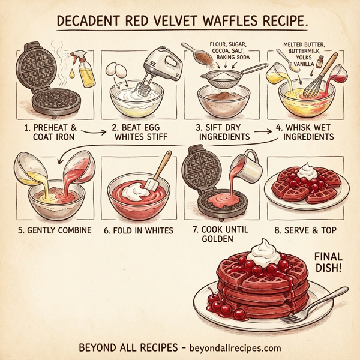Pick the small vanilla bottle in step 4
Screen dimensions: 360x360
320,60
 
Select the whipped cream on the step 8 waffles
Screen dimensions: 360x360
306,170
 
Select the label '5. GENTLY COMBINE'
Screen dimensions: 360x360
55,230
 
